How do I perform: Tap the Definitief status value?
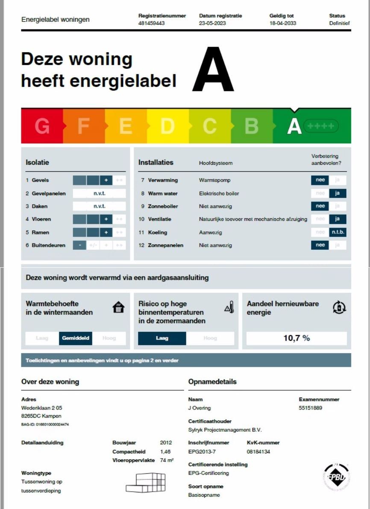point(339,23)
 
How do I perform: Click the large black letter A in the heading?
point(213,70)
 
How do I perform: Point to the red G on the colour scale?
point(42,126)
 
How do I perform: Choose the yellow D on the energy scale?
point(167,126)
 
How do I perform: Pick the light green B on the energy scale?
point(252,126)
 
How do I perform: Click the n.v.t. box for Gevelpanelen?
point(99,193)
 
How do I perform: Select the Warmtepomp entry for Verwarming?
point(214,180)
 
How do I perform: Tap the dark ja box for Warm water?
point(338,193)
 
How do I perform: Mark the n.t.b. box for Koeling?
point(338,232)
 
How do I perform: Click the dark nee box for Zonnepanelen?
point(320,245)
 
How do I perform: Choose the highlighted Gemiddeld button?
point(76,338)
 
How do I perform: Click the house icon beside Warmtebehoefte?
point(118,307)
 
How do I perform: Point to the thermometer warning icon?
point(229,307)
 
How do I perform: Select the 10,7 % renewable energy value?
point(297,338)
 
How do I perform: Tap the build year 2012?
point(166,443)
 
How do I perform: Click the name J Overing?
point(199,408)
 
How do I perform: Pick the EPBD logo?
point(336,477)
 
